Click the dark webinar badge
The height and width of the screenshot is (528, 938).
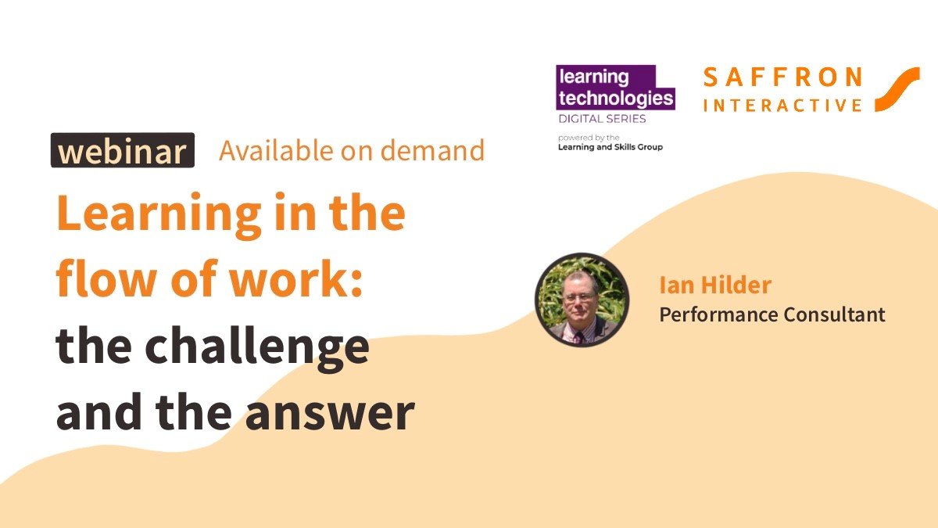(123, 150)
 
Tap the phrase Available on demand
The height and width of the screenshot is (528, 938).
(352, 150)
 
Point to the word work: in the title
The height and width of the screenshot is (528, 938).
(296, 279)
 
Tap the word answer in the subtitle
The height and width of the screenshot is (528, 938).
(330, 413)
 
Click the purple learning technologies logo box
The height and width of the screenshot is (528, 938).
(615, 87)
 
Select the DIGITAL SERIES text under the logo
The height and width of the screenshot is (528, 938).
(602, 119)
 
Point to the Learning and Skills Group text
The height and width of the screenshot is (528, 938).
(610, 147)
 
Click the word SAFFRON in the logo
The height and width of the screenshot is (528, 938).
(782, 77)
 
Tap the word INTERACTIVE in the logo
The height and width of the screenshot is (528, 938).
(782, 105)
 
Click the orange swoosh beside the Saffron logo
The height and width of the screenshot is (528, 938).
(897, 89)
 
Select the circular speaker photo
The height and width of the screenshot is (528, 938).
(582, 300)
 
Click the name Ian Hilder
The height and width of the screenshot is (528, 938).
(715, 285)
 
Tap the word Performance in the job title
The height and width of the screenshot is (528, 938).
(718, 315)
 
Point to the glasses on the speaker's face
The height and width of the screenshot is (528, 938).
(580, 298)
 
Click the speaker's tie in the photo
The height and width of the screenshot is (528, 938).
(579, 337)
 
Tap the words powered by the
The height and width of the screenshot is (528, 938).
(589, 138)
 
